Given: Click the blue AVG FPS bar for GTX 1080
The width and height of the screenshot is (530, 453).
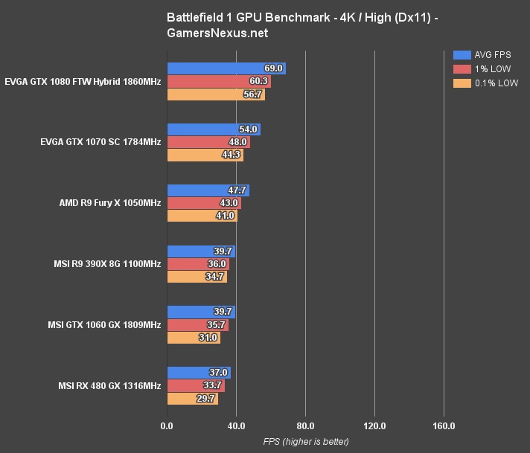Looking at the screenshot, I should (x=226, y=68).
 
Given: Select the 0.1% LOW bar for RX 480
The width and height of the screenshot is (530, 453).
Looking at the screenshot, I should (x=193, y=399).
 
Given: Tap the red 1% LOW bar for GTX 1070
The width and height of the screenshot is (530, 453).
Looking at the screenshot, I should (x=208, y=142).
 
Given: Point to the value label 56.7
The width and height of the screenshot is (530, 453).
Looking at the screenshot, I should (x=252, y=94).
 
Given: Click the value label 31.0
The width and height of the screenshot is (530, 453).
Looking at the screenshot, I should (x=208, y=338).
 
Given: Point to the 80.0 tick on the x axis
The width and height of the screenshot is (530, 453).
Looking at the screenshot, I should (x=305, y=426).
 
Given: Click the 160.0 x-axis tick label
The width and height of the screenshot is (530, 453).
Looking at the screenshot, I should (x=444, y=426).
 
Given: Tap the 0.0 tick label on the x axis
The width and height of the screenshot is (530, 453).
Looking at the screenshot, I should (x=167, y=426).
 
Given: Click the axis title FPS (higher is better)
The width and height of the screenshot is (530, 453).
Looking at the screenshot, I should (x=305, y=442).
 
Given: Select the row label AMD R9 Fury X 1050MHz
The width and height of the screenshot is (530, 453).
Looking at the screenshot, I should (x=110, y=203).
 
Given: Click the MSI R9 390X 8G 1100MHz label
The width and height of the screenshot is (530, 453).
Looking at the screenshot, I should (x=107, y=264).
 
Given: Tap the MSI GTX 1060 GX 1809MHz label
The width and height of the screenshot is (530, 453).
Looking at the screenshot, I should (x=107, y=325).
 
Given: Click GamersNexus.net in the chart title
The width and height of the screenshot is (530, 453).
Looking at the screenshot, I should (x=218, y=33).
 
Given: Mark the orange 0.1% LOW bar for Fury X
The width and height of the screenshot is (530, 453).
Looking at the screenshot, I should (x=202, y=216).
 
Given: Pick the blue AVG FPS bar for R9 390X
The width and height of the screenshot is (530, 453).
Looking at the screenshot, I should (x=201, y=251).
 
